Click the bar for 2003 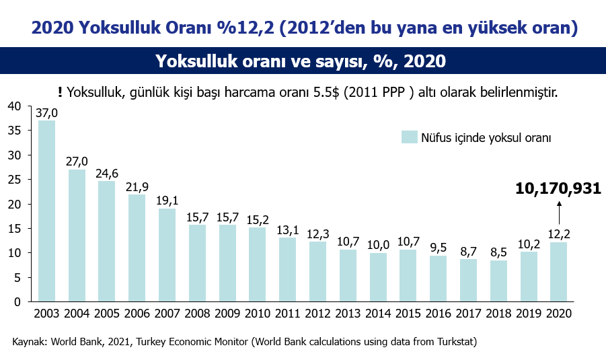click(47, 211)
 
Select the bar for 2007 click(167, 255)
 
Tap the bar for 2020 click(558, 272)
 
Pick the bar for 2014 click(378, 277)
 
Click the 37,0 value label click(47, 113)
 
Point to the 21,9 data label click(137, 187)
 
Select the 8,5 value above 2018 click(498, 252)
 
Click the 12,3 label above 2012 click(318, 234)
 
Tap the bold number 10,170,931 click(558, 188)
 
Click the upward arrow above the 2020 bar click(559, 212)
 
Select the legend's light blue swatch click(410, 137)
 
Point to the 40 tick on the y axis click(14, 106)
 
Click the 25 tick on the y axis click(14, 180)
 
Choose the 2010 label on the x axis click(258, 313)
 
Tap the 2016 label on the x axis click(439, 313)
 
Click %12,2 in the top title click(245, 28)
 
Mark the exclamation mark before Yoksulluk click(60, 92)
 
